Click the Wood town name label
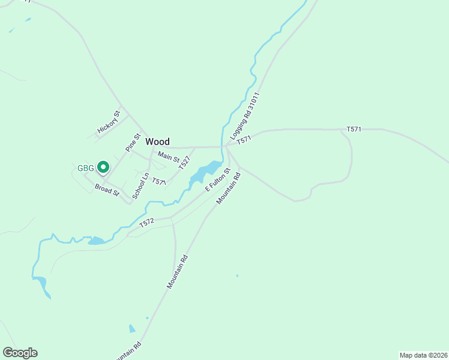pyautogui.click(x=157, y=142)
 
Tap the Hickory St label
pyautogui.click(x=109, y=122)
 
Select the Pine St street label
pyautogui.click(x=132, y=142)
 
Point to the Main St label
pyautogui.click(x=168, y=157)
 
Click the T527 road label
pyautogui.click(x=184, y=163)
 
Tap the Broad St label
pyautogui.click(x=107, y=190)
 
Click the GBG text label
pyautogui.click(x=86, y=168)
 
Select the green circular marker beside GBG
pyautogui.click(x=103, y=167)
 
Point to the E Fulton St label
pyautogui.click(x=218, y=180)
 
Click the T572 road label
pyautogui.click(x=147, y=223)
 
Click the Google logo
pyautogui.click(x=20, y=353)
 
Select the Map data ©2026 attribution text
pyautogui.click(x=423, y=355)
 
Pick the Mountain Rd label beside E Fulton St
pyautogui.click(x=228, y=188)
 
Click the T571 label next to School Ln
pyautogui.click(x=158, y=181)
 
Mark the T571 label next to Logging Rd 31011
pyautogui.click(x=243, y=140)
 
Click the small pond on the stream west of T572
pyautogui.click(x=95, y=241)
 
